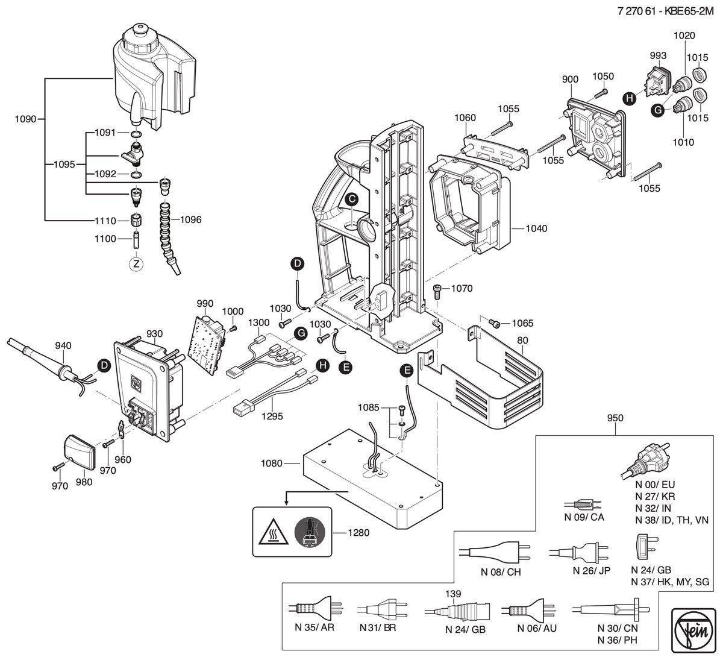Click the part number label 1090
(x=25, y=119)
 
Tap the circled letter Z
(x=136, y=264)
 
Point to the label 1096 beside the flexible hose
(x=190, y=219)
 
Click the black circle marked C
(x=352, y=199)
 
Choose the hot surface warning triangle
(x=273, y=532)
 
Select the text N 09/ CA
(x=584, y=517)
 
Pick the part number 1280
(x=358, y=532)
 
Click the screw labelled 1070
(x=437, y=291)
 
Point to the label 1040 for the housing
(x=536, y=228)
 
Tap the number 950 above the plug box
(x=615, y=418)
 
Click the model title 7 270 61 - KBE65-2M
(x=665, y=11)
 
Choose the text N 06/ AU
(x=537, y=628)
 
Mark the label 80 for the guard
(x=522, y=340)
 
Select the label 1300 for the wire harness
(x=259, y=322)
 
